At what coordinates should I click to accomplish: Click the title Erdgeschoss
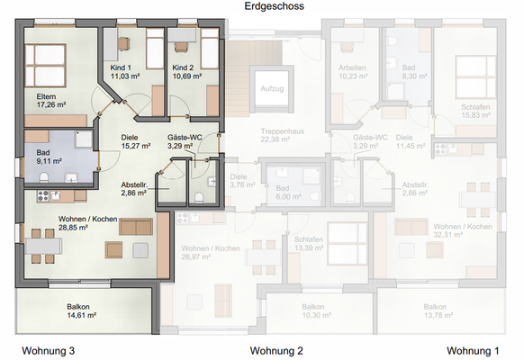(x=275, y=6)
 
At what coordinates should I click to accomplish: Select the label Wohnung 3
(x=54, y=350)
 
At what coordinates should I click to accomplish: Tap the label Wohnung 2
(x=276, y=350)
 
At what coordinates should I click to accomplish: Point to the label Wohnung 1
(x=478, y=350)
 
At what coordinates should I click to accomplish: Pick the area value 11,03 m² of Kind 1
(x=125, y=76)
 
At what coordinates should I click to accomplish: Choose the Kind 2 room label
(x=183, y=68)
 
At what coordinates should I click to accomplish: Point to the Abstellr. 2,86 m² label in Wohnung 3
(x=137, y=189)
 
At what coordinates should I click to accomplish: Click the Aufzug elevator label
(x=271, y=89)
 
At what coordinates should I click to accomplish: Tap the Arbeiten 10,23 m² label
(x=353, y=72)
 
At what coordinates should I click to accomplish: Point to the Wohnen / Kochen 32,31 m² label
(x=463, y=230)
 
